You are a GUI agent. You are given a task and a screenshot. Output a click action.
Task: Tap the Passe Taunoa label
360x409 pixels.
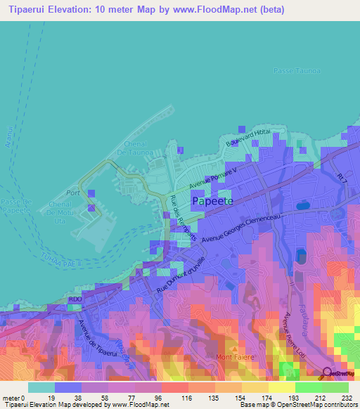click(x=295, y=71)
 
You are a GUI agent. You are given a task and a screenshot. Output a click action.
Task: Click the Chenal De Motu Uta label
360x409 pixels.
click(x=67, y=209)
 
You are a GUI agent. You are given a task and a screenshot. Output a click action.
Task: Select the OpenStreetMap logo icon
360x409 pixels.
click(x=327, y=373)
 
